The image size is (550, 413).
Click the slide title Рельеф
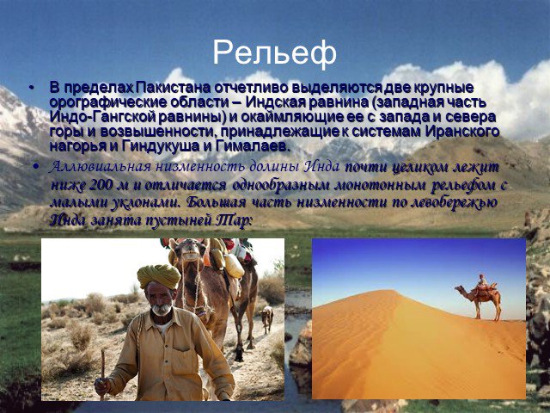[274, 52]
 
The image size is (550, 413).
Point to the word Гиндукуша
[161, 146]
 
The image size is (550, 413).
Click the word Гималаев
[253, 146]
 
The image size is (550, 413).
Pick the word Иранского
[462, 132]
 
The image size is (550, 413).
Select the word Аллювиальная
[100, 167]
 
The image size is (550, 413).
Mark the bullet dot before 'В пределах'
[33, 88]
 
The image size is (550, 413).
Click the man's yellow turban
[158, 276]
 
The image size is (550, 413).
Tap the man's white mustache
[162, 310]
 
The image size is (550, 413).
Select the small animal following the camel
[266, 317]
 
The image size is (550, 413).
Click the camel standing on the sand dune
[480, 298]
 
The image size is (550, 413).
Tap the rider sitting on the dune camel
[483, 281]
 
